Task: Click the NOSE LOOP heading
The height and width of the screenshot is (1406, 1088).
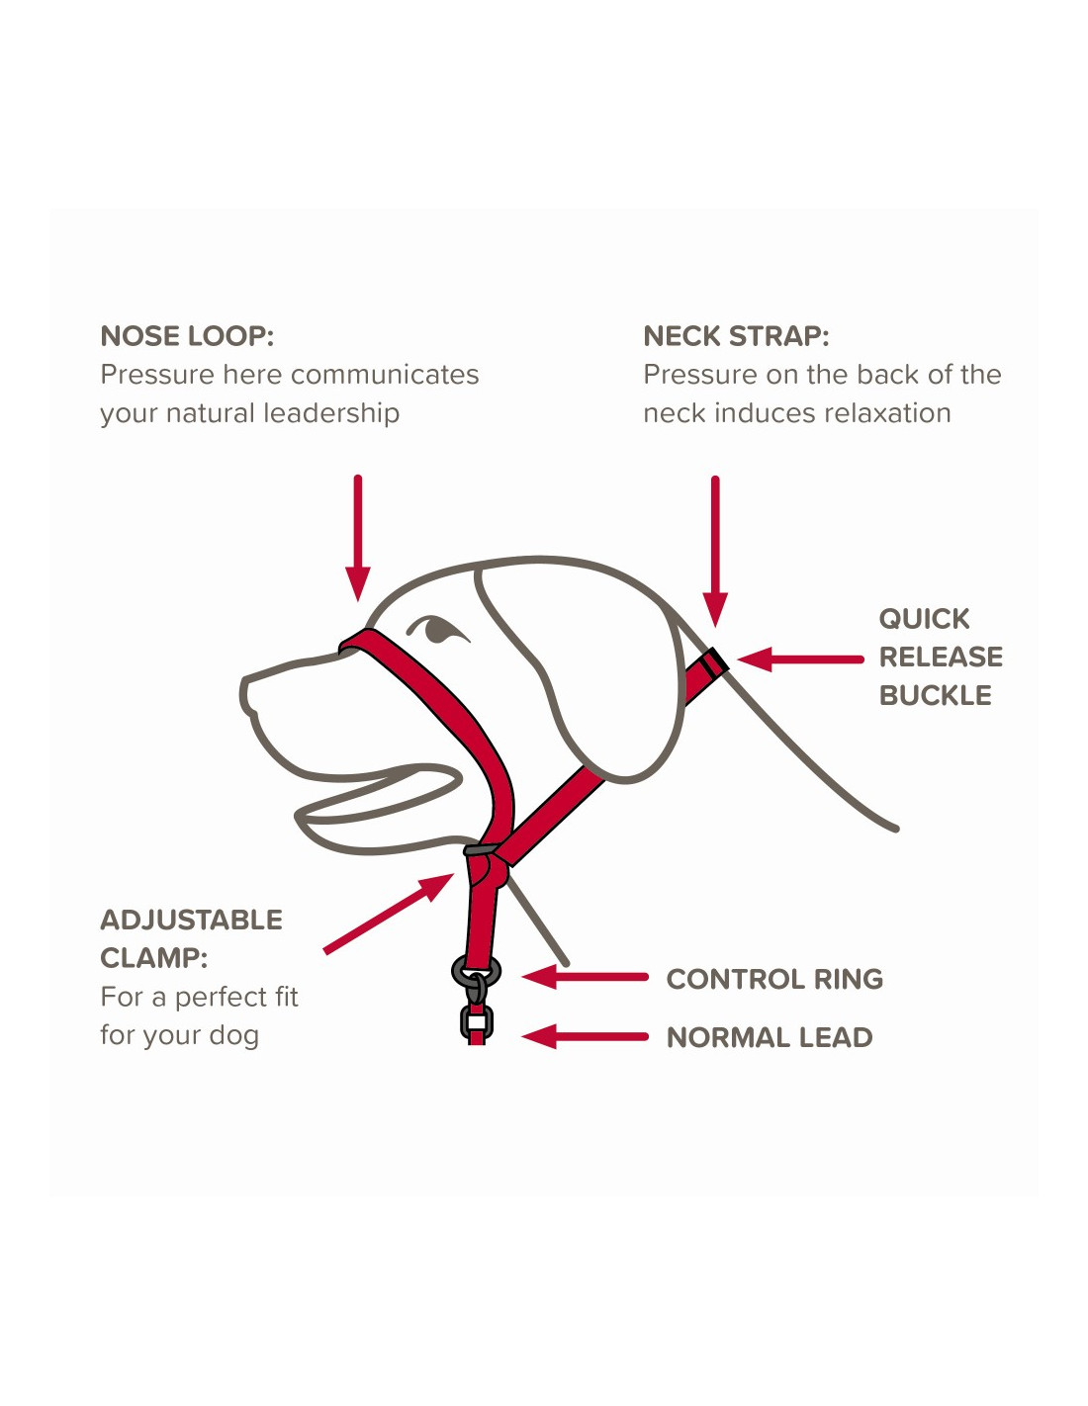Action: [187, 336]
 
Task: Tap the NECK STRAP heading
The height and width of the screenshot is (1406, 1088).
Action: [736, 336]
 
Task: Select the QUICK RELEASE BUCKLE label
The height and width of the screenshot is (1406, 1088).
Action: [941, 657]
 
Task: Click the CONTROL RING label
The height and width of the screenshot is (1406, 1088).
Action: [774, 979]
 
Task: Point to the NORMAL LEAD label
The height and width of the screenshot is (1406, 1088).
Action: [770, 1037]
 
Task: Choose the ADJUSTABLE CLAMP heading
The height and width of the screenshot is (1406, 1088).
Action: [191, 938]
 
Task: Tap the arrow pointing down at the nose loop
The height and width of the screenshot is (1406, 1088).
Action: [358, 538]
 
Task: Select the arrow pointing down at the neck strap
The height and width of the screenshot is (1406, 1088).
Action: [715, 552]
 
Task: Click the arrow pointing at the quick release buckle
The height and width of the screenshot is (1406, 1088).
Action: [800, 659]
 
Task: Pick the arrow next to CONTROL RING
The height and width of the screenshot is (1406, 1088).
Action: [586, 977]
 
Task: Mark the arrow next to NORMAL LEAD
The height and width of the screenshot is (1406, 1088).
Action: [586, 1036]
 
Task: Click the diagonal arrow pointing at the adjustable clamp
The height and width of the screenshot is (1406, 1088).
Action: [389, 913]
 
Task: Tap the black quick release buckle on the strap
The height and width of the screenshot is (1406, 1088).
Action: [714, 663]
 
